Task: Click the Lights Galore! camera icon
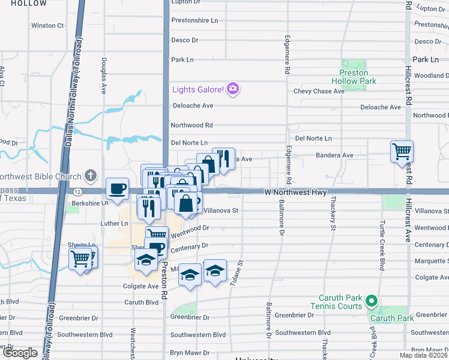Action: click(233, 89)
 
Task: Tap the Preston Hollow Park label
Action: click(358, 76)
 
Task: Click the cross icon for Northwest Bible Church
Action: click(90, 176)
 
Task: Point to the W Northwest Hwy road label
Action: click(296, 193)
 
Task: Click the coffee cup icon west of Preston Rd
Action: click(117, 188)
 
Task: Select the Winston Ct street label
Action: click(47, 26)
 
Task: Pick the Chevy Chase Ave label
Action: click(319, 91)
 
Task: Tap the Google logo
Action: click(20, 353)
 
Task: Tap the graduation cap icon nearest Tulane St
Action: click(215, 270)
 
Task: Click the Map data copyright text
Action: click(423, 355)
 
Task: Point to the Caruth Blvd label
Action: click(141, 302)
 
